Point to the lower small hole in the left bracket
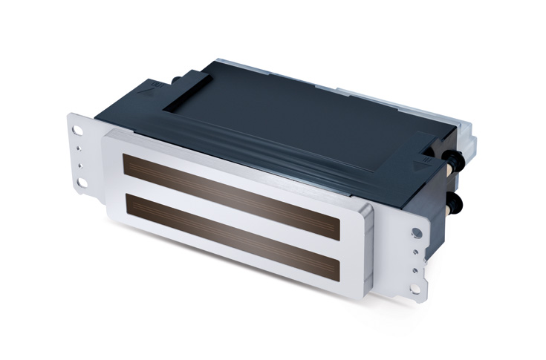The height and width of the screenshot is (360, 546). pyautogui.click(x=80, y=158)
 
